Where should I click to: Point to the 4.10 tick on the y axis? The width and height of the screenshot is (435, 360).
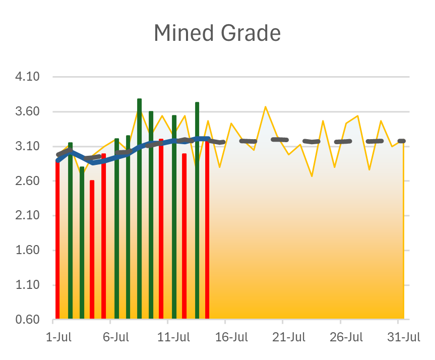click(x=28, y=77)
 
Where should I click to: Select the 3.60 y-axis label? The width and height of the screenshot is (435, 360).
click(x=28, y=112)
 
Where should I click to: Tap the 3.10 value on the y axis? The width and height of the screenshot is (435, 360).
click(x=28, y=147)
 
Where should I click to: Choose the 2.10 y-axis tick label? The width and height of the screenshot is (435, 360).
click(x=28, y=216)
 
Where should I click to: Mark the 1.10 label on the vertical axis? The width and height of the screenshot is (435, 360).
click(x=28, y=285)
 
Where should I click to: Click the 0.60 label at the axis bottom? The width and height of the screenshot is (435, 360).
click(x=28, y=320)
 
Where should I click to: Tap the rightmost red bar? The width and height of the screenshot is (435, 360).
click(x=207, y=227)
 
